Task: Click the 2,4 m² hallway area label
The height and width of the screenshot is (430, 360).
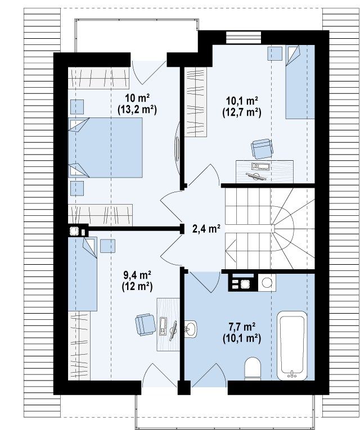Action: pos(206,228)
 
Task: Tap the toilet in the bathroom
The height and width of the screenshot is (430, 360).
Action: pos(253,369)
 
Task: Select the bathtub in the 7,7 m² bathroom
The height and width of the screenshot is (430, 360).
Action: pos(292,346)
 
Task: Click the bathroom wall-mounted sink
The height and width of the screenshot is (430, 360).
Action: pos(191,329)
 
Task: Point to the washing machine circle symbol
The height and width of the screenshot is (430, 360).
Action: pos(267,282)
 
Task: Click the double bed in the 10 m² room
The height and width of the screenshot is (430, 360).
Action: pos(105,147)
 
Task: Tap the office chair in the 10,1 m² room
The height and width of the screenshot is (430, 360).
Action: pos(262,148)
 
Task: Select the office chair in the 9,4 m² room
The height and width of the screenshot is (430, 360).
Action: pos(146,324)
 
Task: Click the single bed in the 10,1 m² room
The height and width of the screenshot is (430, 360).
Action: pos(300,82)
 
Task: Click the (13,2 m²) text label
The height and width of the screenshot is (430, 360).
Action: pos(137,110)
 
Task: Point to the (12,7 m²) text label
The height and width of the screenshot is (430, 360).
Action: pos(241,113)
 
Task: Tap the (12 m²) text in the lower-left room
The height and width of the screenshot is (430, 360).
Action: pos(137,286)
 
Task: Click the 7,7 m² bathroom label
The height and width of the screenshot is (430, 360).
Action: pos(242,327)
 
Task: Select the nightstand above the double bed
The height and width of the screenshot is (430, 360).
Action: pos(77,107)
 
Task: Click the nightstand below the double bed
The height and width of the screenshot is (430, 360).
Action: pos(77,188)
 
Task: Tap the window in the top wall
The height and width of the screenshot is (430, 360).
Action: pos(244,37)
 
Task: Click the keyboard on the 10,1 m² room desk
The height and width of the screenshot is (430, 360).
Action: pos(261,166)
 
